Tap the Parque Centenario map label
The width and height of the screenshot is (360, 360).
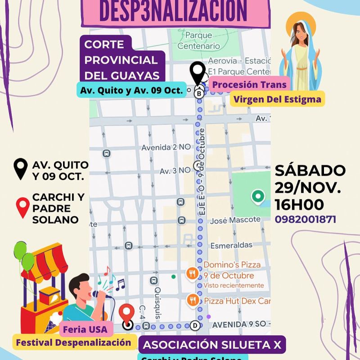(x=198, y=40)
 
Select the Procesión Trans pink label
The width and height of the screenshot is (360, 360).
(x=249, y=84)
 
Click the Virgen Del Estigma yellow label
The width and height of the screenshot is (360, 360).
(x=278, y=99)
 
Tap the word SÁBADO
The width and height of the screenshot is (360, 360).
(x=310, y=171)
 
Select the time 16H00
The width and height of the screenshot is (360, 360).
(x=299, y=205)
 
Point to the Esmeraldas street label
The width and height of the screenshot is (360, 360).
(x=231, y=245)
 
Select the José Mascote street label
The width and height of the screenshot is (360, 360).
(x=235, y=220)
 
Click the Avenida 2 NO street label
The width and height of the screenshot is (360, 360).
(x=166, y=147)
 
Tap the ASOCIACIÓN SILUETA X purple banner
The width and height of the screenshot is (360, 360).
(x=211, y=345)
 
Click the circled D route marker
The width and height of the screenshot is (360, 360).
(x=195, y=325)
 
